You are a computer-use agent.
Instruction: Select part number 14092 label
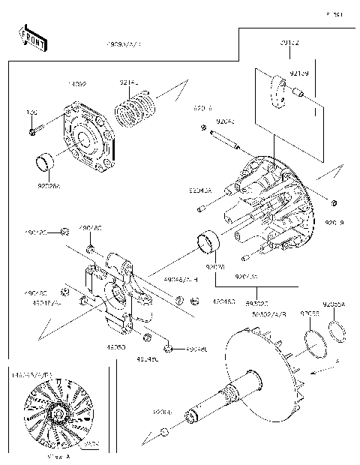[x=78, y=86]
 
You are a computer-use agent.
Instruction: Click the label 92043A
[x=199, y=191]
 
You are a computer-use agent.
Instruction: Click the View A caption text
[x=58, y=455]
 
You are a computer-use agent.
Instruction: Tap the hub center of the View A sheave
[x=57, y=413]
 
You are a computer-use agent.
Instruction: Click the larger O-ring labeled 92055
[x=316, y=342]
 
